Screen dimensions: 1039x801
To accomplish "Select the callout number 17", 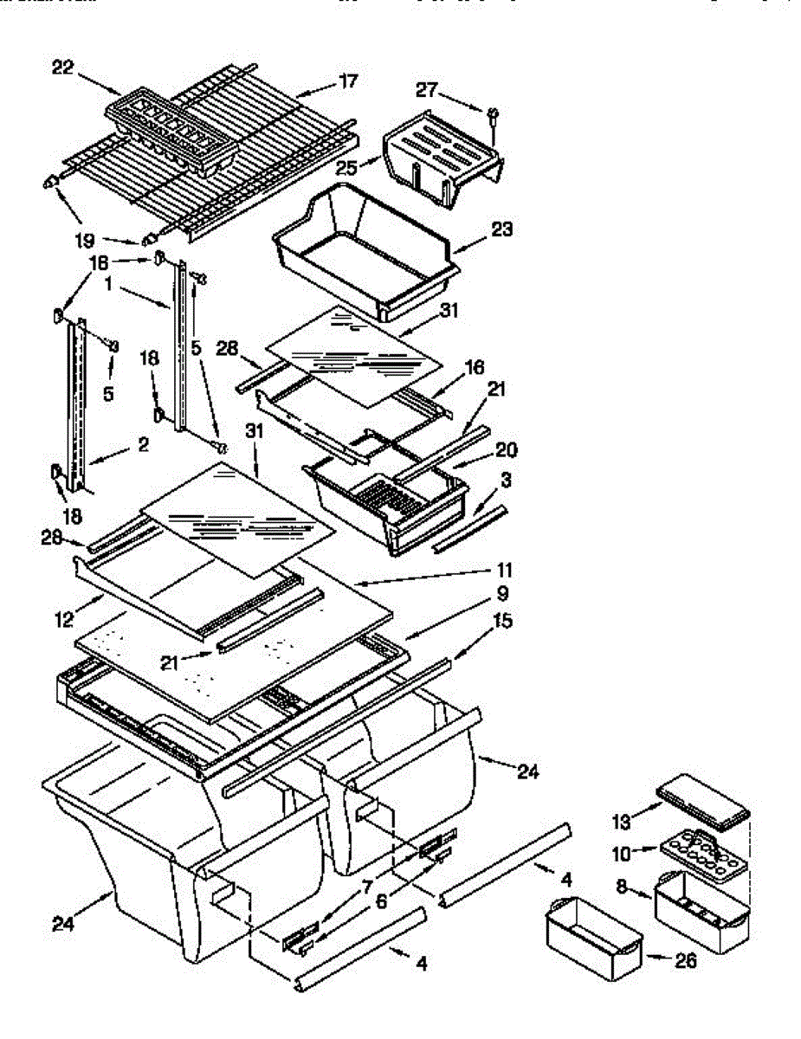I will (x=347, y=81).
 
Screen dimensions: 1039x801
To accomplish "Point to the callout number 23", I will (x=501, y=229).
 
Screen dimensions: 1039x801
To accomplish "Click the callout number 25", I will (x=347, y=167).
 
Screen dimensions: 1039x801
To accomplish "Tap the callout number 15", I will (x=501, y=621).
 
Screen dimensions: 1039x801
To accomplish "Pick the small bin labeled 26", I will (x=593, y=938).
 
